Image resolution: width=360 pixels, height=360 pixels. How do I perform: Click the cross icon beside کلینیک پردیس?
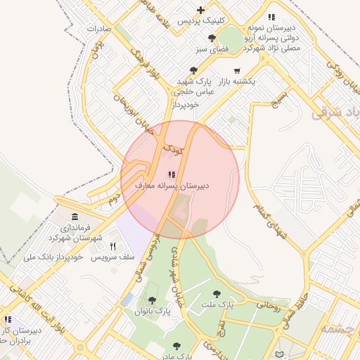(202, 10)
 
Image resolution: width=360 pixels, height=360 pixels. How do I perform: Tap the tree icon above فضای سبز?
(212, 38)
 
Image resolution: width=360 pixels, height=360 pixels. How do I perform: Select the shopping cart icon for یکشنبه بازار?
(237, 70)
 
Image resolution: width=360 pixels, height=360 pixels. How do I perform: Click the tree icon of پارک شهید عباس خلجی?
(194, 70)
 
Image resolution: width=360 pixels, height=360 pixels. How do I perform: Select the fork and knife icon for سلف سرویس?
(112, 247)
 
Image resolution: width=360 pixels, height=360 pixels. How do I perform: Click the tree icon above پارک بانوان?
(152, 300)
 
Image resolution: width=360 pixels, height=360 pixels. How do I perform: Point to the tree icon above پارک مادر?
(176, 346)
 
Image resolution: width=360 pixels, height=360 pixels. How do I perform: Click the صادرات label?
(99, 29)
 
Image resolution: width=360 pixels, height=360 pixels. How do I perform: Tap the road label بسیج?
(280, 97)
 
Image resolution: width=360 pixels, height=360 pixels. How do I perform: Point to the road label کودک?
(172, 148)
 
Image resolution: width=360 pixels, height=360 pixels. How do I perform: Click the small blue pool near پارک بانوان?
(127, 300)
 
